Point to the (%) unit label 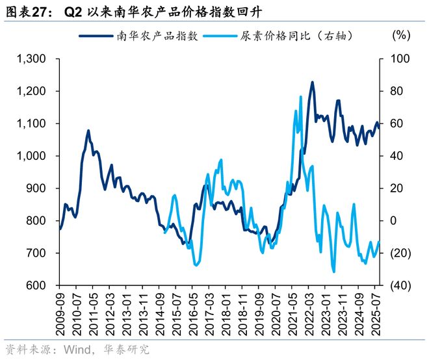[x=402, y=36]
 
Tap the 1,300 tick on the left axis [x=31, y=59]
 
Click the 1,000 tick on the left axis [x=31, y=156]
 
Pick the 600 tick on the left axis [x=36, y=285]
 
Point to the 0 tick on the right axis [x=393, y=221]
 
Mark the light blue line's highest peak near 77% [x=301, y=97]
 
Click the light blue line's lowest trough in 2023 [x=333, y=272]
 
